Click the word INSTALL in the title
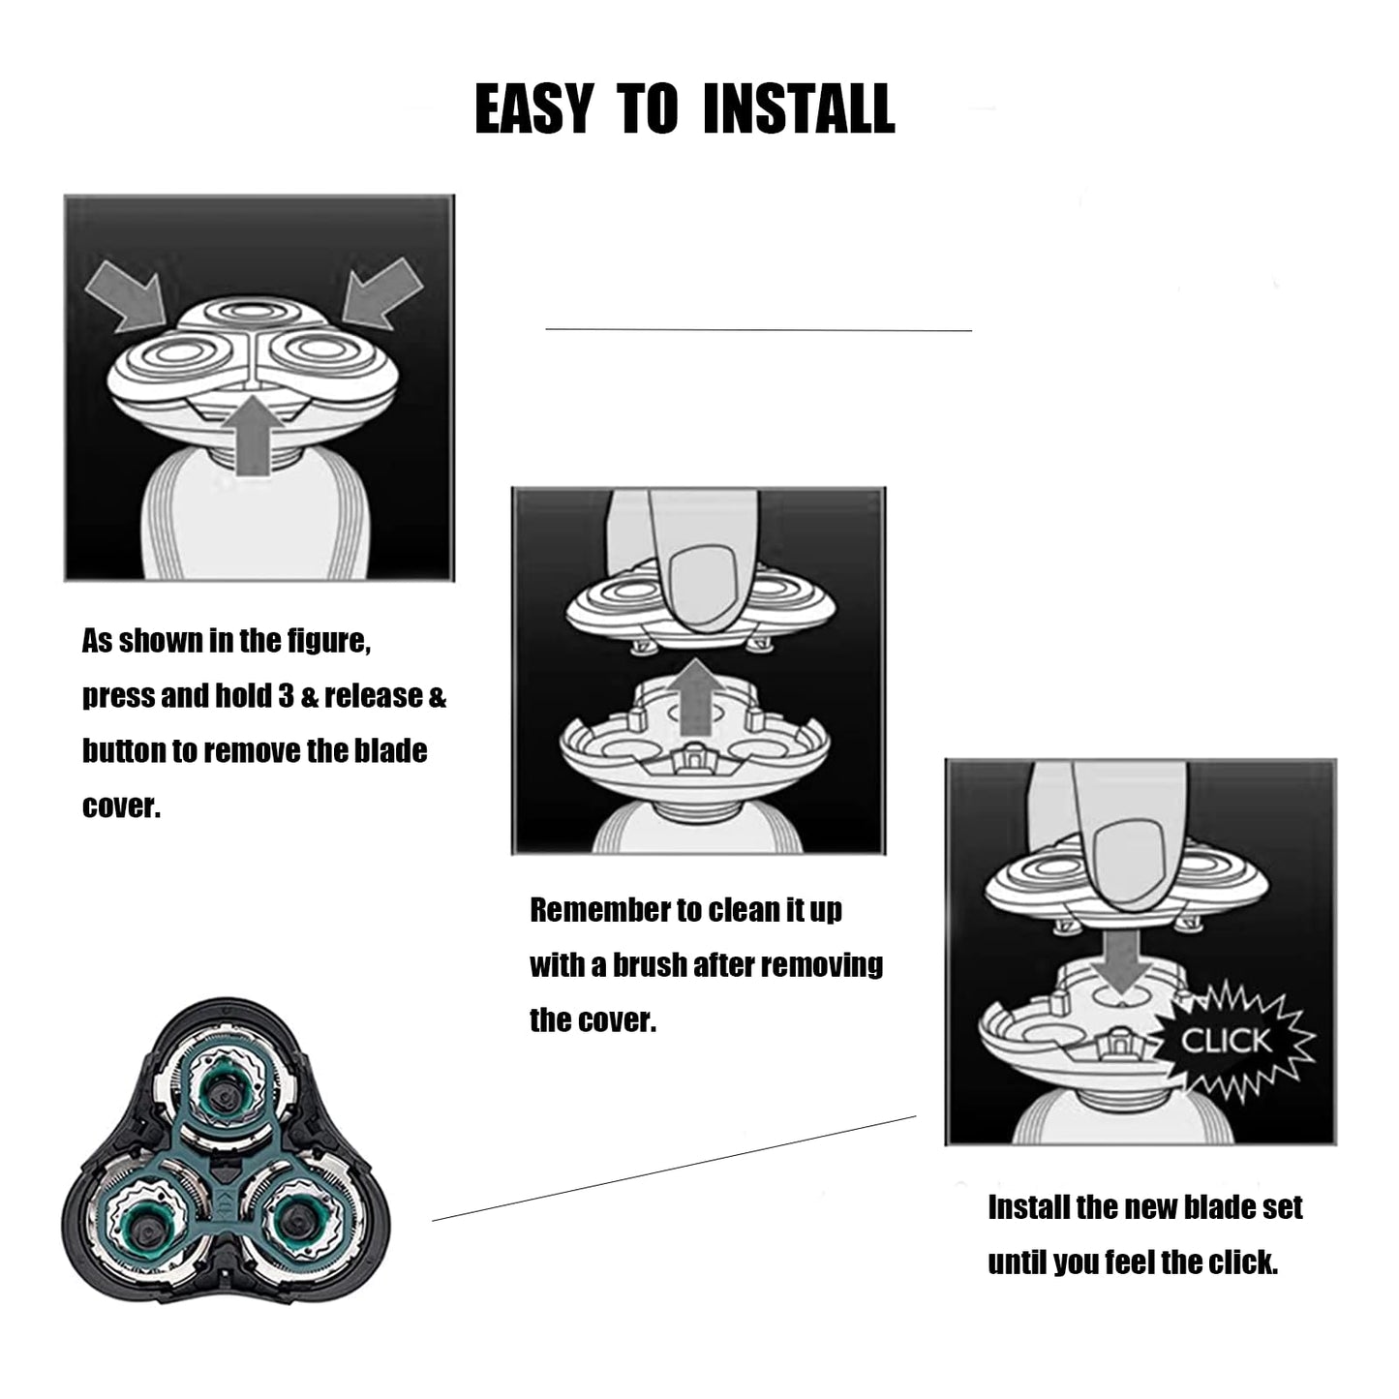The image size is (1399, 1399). (799, 108)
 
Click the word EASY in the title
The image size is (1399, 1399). (533, 108)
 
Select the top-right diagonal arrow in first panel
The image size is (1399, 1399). (381, 294)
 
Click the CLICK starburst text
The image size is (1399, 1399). (1226, 1041)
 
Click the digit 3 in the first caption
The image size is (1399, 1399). (287, 695)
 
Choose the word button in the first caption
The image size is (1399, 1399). (123, 750)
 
